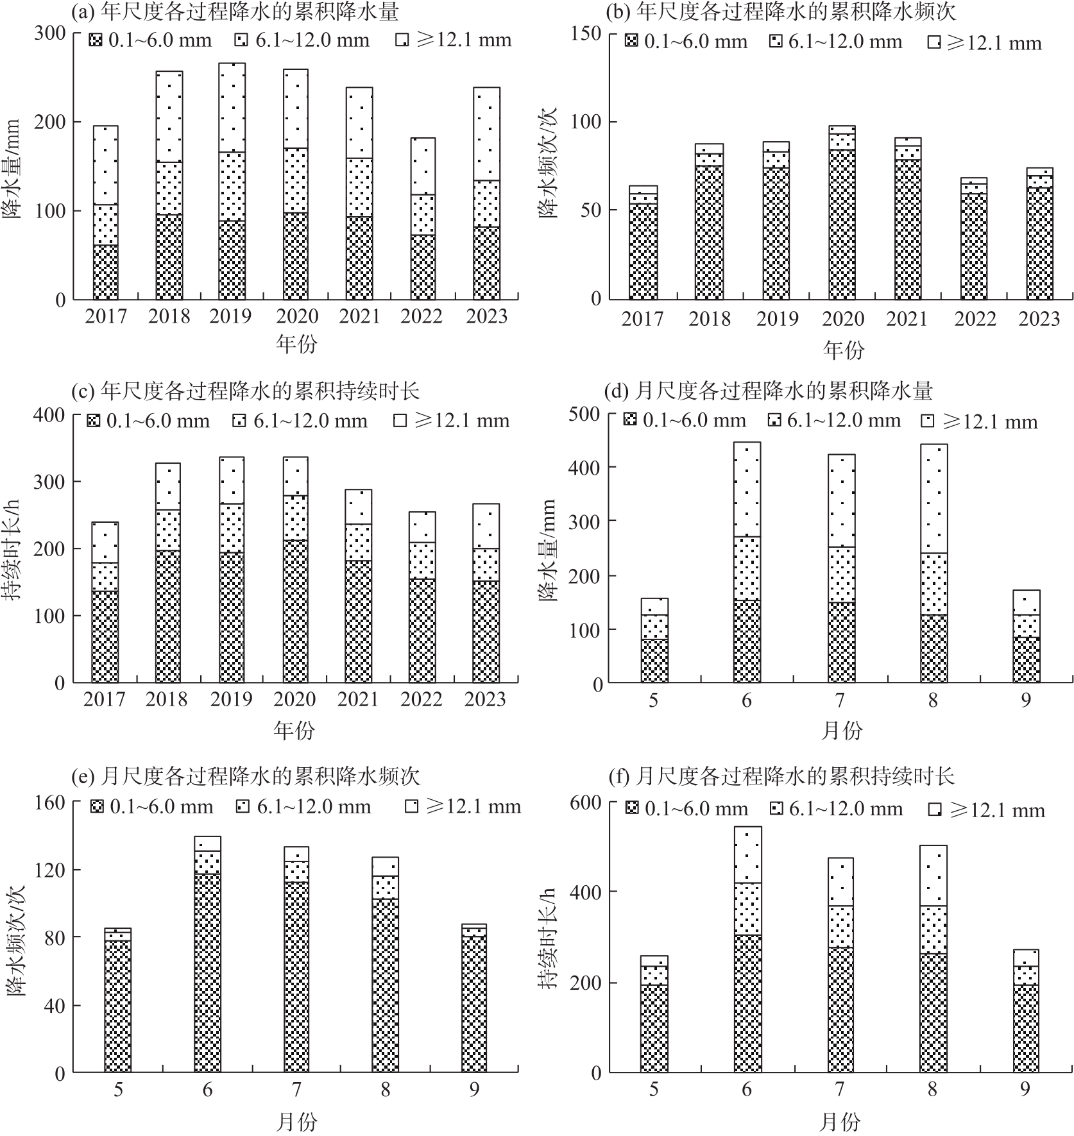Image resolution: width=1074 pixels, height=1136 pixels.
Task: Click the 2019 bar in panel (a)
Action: tap(232, 181)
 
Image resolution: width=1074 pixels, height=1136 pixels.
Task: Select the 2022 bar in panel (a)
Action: tap(423, 219)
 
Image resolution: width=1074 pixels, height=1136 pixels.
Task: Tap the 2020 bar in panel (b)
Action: tap(842, 212)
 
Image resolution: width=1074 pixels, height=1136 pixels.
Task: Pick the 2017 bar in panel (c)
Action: tap(105, 602)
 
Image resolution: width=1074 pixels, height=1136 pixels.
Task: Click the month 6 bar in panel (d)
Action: tap(747, 562)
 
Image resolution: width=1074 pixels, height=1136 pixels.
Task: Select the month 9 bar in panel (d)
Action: tap(1027, 636)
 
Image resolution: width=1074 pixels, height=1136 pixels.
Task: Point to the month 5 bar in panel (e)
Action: tap(118, 1000)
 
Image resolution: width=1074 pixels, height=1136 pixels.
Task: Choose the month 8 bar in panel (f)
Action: tap(933, 958)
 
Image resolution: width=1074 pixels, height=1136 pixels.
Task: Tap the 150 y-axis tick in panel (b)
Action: tap(585, 33)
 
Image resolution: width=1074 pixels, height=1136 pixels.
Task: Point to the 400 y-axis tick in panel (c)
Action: tap(49, 415)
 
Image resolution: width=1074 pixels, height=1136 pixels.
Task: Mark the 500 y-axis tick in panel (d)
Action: tap(584, 414)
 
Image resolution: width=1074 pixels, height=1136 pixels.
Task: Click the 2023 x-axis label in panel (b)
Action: tap(1039, 319)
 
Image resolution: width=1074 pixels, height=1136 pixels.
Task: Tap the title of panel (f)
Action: tap(781, 777)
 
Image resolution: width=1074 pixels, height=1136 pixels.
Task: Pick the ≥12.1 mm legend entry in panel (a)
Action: tap(454, 40)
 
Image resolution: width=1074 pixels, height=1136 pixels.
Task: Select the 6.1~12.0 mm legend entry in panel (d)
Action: tap(835, 421)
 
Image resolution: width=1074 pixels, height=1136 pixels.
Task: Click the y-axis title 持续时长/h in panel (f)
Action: tap(549, 940)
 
